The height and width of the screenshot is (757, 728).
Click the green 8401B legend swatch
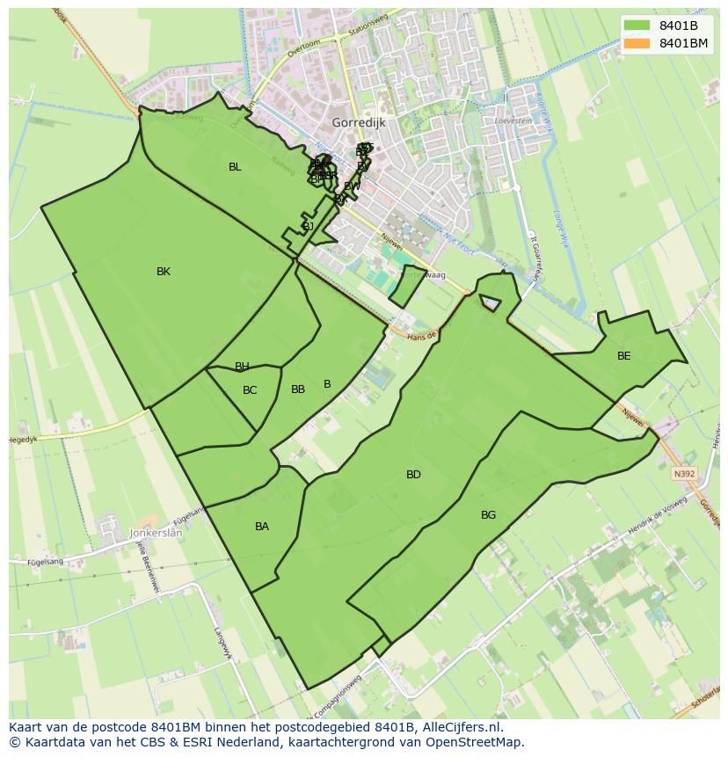click(637, 25)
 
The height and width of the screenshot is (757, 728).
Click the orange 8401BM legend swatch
click(637, 43)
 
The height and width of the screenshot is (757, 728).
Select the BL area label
click(235, 167)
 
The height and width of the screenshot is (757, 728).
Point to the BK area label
click(164, 272)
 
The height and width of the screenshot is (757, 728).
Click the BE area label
click(624, 356)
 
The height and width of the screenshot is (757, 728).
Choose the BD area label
click(413, 475)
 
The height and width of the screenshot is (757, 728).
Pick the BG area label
click(489, 515)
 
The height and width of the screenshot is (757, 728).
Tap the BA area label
click(262, 527)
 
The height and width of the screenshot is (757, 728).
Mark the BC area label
click(250, 390)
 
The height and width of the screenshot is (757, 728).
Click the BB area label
click(298, 389)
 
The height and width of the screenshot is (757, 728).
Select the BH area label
click(242, 367)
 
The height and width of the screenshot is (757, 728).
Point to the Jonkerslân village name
click(156, 533)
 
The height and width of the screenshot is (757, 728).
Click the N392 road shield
click(685, 474)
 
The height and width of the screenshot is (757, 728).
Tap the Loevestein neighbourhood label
click(515, 120)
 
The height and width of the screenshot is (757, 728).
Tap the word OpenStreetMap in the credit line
click(480, 742)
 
